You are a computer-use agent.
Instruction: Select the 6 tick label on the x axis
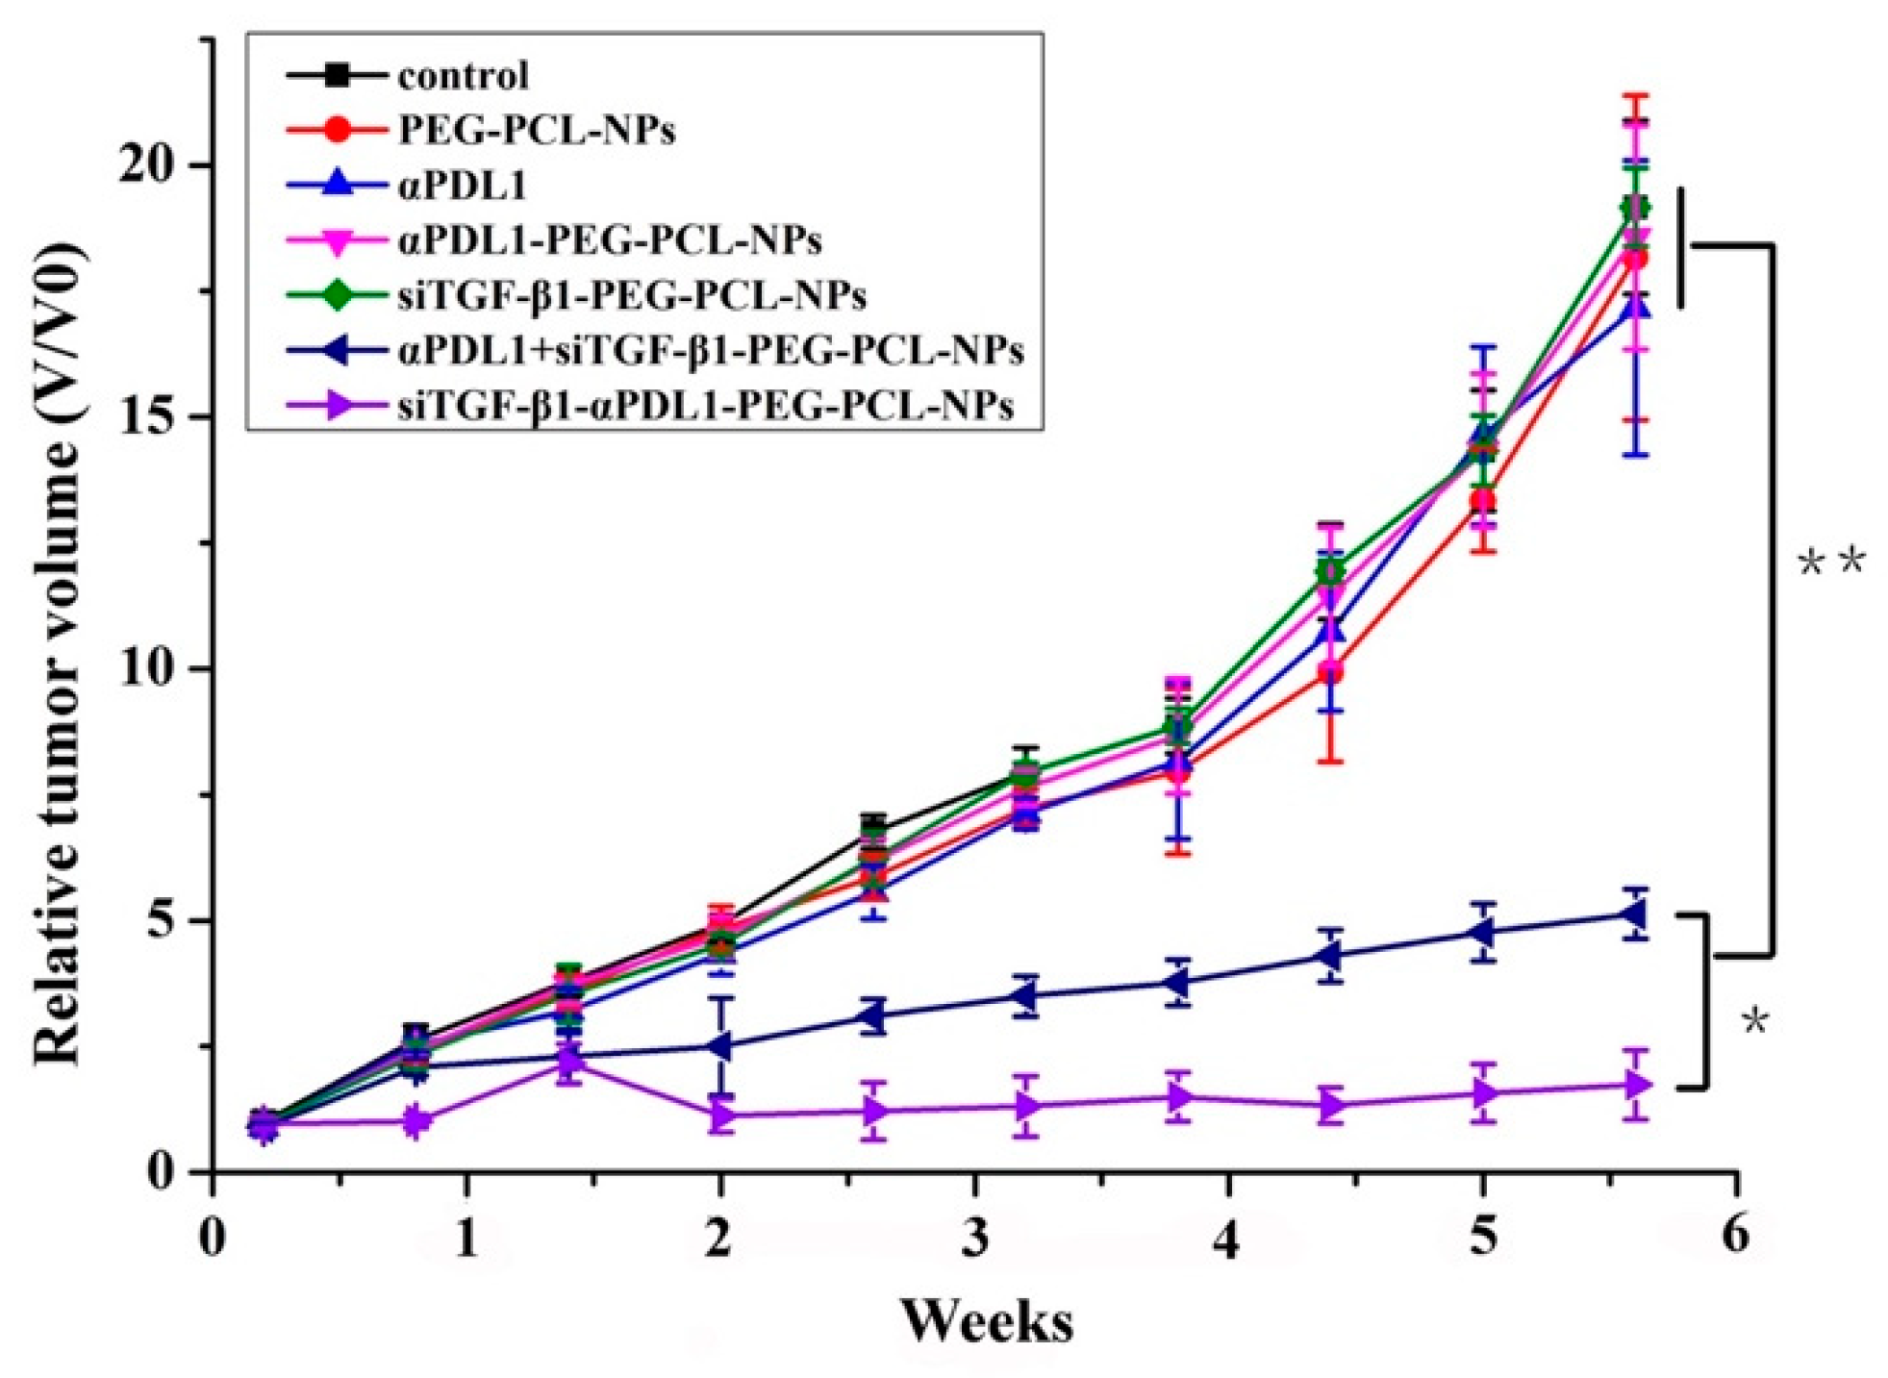click(1735, 1234)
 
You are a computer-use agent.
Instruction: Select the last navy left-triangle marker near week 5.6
click(1633, 914)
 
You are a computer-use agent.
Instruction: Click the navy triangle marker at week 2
click(721, 1046)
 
